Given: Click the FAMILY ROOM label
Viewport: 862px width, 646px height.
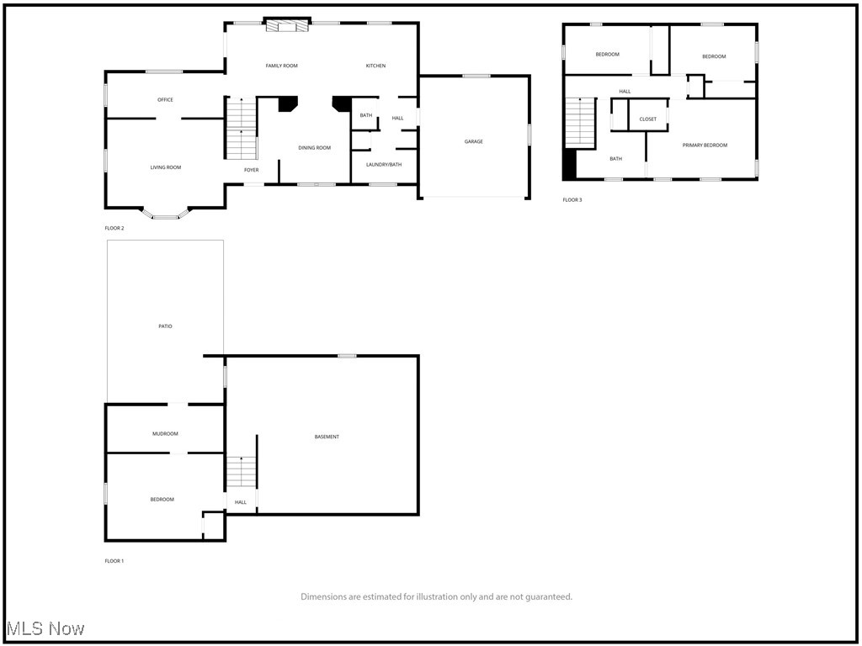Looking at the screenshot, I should coord(281,66).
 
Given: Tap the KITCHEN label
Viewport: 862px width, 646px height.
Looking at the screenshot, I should coord(375,66).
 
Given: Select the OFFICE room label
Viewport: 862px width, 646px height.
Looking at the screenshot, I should coord(165,100).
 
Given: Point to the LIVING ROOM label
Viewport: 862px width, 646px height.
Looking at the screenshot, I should coord(166,167).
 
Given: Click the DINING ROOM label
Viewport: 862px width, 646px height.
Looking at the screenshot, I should coord(314,148).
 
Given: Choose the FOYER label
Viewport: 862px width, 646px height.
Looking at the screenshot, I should coord(251,171).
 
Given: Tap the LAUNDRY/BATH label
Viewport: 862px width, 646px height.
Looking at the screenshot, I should coord(384,165).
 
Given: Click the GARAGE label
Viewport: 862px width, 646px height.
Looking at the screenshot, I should coord(474,141).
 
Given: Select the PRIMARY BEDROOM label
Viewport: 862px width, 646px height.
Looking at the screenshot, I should coord(705,146).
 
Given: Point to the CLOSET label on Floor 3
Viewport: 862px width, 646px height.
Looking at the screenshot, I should coord(648,119).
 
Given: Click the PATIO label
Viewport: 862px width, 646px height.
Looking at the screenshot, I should coord(165,326).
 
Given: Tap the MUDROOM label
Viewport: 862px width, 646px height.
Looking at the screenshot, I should coord(165,434).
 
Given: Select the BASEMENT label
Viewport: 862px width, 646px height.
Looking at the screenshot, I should coord(327,437).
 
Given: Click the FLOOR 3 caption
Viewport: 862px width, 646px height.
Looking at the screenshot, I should coord(572,200).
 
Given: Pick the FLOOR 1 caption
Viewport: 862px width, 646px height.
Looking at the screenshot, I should coord(114,561).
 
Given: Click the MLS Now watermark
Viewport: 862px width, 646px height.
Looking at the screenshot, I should coord(45,628).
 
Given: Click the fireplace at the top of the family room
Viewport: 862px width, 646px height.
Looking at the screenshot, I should coord(288,26).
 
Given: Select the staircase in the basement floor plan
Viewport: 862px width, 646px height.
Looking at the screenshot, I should coord(241,472).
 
